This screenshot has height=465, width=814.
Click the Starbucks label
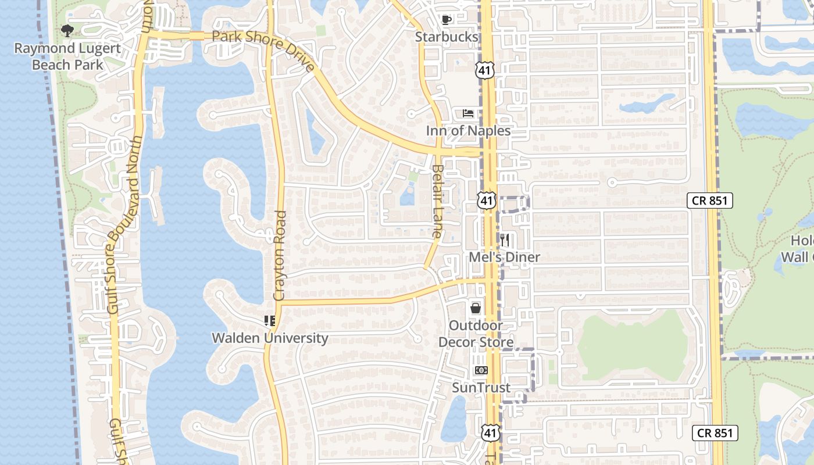click(x=447, y=37)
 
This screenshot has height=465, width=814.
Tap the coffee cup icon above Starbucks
click(x=446, y=20)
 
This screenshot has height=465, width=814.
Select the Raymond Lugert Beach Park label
click(x=67, y=56)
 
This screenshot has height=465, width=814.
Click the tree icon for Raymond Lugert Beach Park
click(x=67, y=30)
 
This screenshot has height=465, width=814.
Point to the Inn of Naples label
click(x=468, y=130)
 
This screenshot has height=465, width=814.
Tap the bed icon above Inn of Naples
click(x=468, y=113)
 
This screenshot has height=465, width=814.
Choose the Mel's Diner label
click(x=505, y=257)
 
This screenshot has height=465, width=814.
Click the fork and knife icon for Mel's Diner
click(x=505, y=239)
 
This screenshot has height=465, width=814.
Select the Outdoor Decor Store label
click(x=476, y=334)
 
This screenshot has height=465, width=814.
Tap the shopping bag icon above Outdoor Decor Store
click(x=476, y=308)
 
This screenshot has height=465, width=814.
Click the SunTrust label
click(x=481, y=387)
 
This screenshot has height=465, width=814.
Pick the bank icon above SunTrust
click(x=481, y=370)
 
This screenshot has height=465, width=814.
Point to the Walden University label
click(x=270, y=338)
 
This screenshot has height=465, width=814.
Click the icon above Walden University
click(x=270, y=321)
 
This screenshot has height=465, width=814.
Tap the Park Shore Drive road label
click(x=263, y=50)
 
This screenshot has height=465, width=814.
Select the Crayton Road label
click(x=280, y=256)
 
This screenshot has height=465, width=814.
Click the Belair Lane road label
click(x=437, y=201)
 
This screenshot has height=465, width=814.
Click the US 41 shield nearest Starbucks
click(x=484, y=71)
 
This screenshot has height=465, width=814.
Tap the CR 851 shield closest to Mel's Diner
click(x=709, y=201)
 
